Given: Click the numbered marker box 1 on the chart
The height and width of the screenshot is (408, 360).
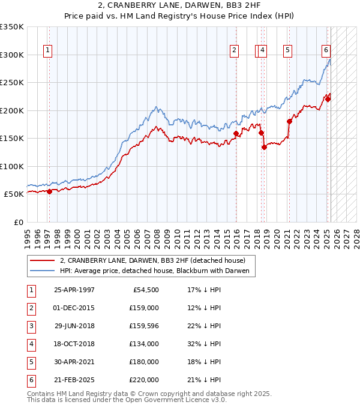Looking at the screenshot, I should tap(47, 50).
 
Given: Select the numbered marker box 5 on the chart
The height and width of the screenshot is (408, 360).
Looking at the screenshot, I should tap(288, 50).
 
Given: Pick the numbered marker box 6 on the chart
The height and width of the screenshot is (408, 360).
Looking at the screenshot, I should tap(326, 50).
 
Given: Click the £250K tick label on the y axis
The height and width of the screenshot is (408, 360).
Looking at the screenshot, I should tap(12, 82).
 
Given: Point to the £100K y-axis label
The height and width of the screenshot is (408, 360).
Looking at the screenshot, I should tap(12, 166).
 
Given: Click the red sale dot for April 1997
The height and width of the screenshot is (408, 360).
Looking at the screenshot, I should tap(50, 191).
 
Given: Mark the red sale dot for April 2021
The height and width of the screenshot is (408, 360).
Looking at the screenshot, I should tap(289, 121).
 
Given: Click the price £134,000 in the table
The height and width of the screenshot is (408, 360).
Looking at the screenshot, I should tap(145, 344).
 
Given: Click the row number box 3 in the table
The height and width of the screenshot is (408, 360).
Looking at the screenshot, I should tap(31, 326).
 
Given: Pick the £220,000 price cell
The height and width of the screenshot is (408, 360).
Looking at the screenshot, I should tap(145, 380).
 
